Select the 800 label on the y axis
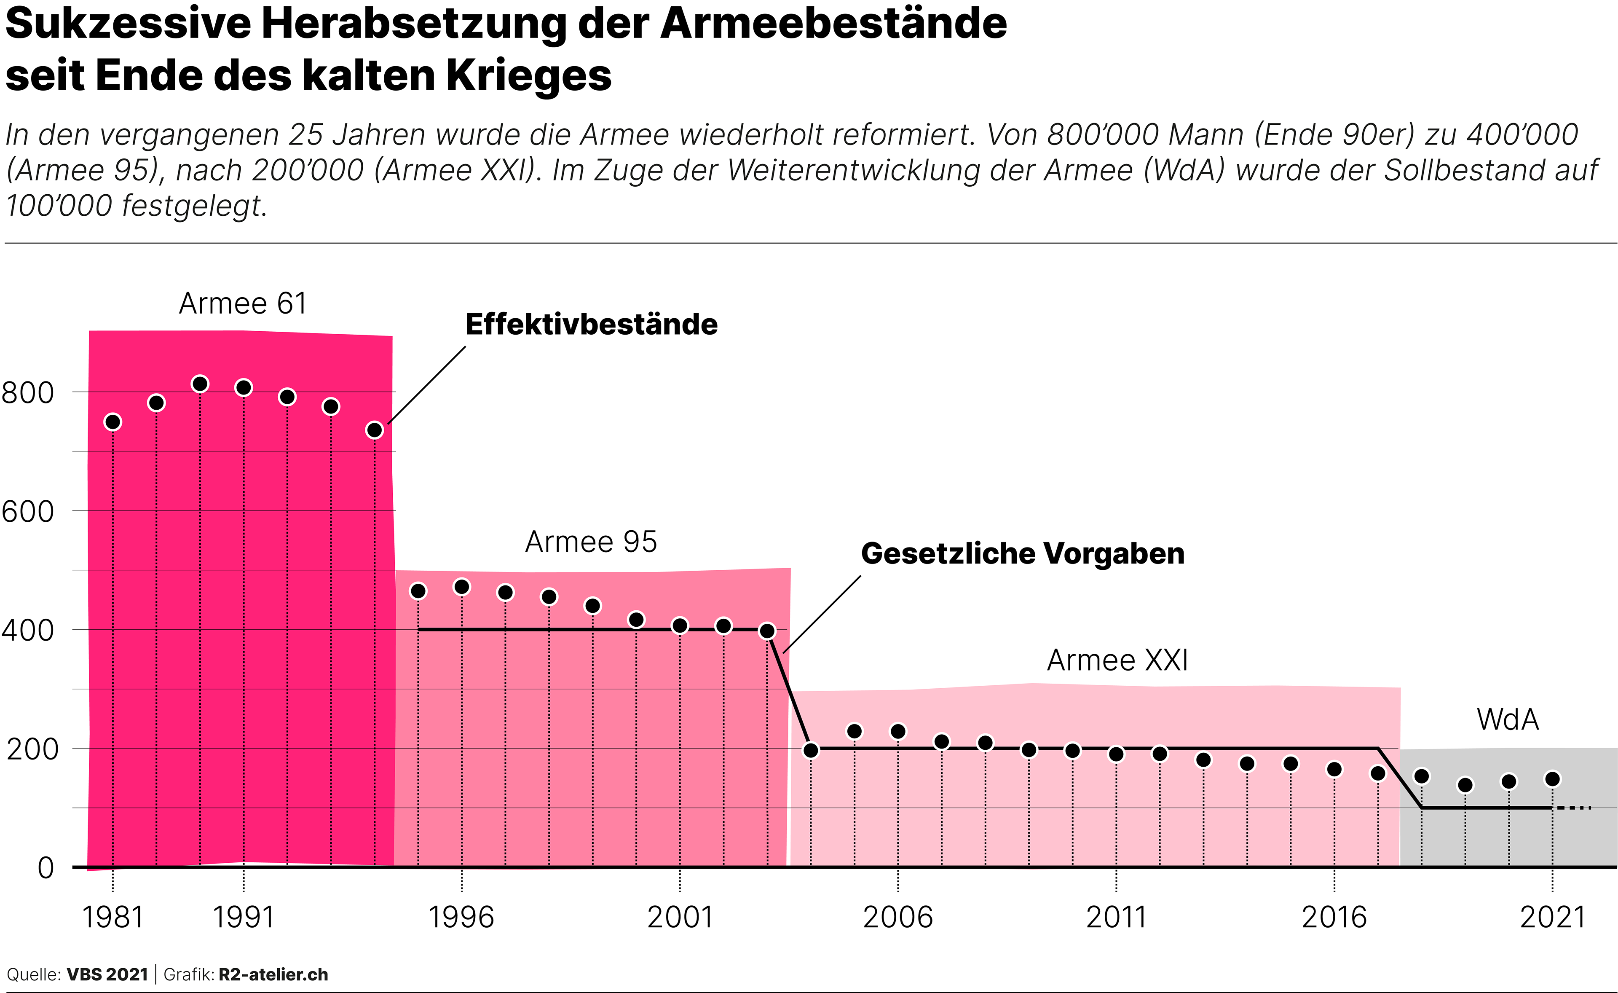(x=27, y=393)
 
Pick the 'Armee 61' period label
(x=243, y=303)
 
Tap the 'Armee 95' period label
(x=591, y=542)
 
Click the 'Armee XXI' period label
(x=1117, y=660)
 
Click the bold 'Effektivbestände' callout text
(x=591, y=325)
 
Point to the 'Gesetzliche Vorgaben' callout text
(x=1022, y=554)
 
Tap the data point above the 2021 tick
(x=1552, y=779)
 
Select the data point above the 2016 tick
(x=1334, y=769)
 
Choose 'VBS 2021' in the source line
(x=108, y=974)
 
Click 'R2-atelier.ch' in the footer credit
(x=273, y=974)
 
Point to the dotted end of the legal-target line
(x=1575, y=808)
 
